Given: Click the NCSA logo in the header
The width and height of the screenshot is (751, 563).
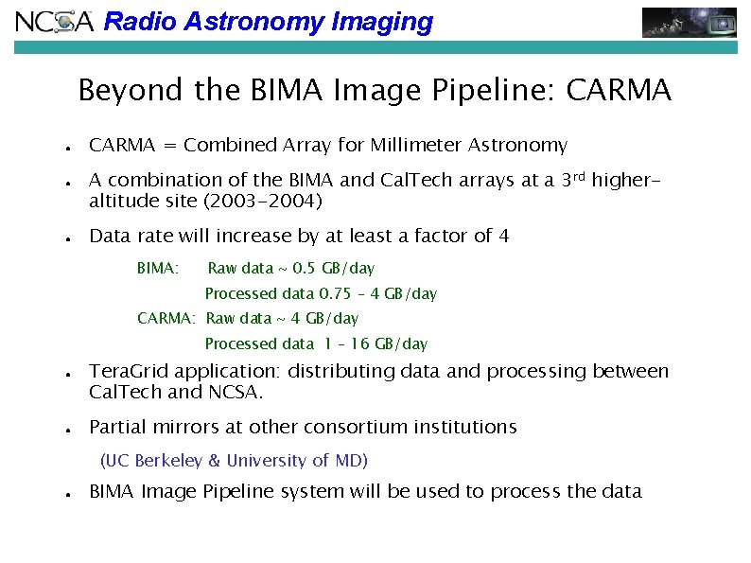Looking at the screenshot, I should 55,21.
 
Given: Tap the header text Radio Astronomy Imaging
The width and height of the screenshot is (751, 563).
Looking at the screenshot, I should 268,22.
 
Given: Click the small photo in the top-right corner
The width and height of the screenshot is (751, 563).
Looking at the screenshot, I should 689,22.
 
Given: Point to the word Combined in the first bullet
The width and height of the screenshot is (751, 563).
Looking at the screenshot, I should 230,146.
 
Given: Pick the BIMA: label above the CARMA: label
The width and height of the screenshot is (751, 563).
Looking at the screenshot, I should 158,269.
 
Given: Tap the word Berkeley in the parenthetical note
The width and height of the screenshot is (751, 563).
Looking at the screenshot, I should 168,461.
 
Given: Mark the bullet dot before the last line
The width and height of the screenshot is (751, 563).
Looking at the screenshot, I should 71,494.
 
